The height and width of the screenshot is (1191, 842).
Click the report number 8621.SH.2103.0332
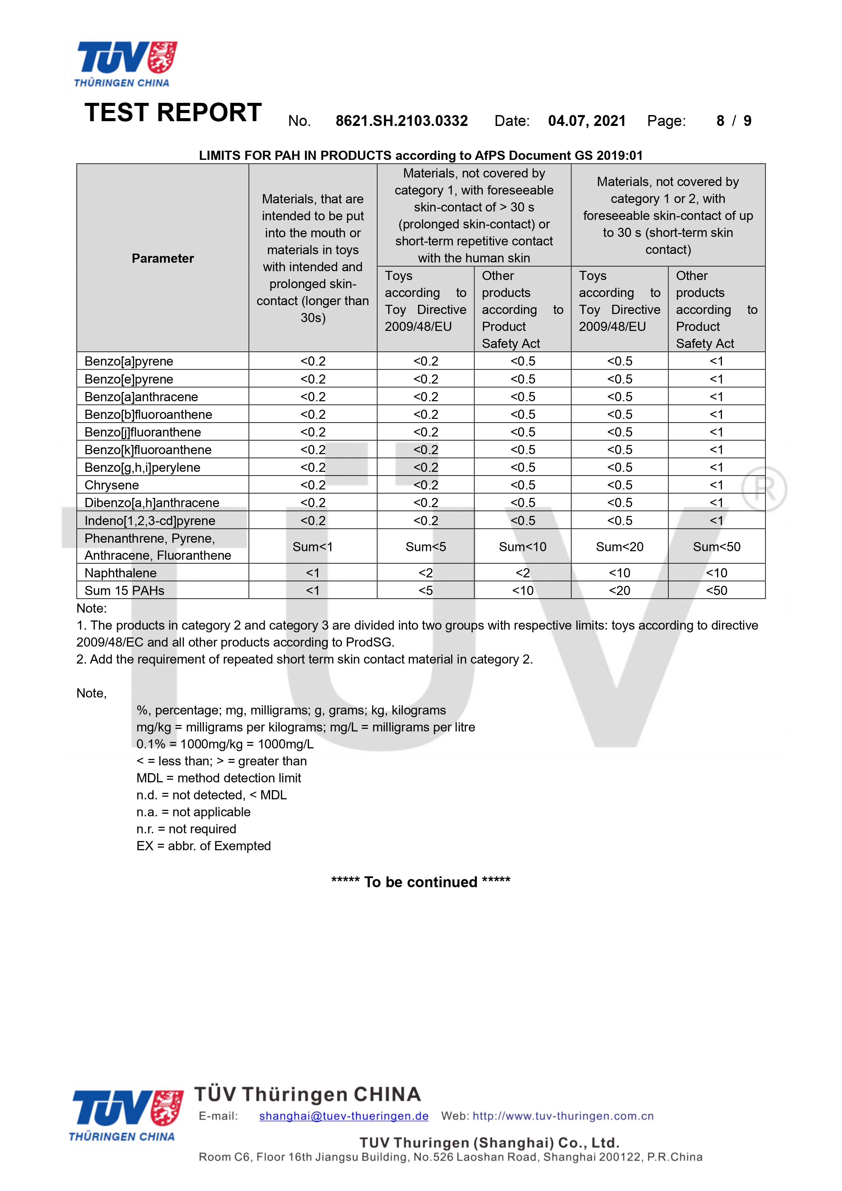click(401, 121)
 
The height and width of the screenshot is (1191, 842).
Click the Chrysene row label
click(112, 485)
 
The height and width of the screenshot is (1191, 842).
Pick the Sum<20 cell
click(619, 547)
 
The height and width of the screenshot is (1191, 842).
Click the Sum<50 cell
click(716, 547)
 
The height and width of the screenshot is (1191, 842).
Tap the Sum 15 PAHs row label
click(125, 590)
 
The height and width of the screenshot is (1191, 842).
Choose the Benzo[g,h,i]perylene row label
click(142, 467)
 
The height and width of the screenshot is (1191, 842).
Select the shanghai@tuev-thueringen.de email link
click(343, 1116)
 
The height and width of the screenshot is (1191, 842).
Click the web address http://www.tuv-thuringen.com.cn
click(563, 1116)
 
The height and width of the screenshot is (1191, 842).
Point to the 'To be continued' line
click(421, 882)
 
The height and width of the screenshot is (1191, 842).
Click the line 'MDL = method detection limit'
click(219, 778)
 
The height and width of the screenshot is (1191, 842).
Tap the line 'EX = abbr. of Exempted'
click(203, 846)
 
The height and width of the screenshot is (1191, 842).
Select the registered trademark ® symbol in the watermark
click(764, 489)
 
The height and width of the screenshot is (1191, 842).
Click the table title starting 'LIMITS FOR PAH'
click(421, 155)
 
